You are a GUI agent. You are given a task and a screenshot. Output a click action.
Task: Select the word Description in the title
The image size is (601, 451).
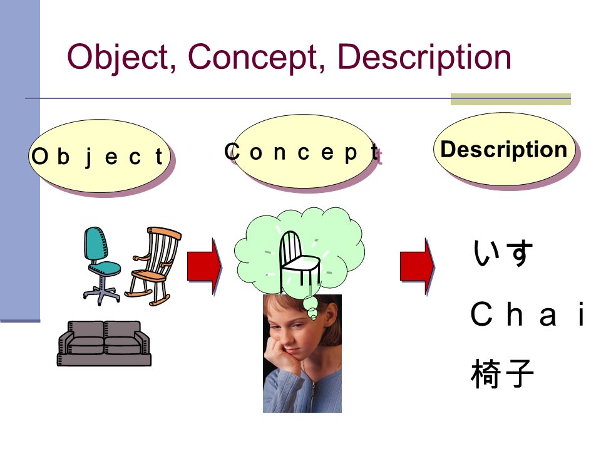click(x=424, y=58)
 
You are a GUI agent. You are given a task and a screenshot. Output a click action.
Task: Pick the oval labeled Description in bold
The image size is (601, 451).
click(x=505, y=149)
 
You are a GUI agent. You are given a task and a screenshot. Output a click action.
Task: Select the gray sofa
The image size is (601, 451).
click(x=105, y=343)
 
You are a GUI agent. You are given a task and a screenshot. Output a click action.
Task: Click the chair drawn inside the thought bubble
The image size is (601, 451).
click(x=300, y=261)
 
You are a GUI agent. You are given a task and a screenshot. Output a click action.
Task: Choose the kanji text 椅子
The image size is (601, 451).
click(x=503, y=373)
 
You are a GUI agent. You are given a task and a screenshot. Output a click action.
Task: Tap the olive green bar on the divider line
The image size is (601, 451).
click(x=511, y=99)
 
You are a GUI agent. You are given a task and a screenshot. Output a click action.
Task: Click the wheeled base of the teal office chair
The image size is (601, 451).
click(x=101, y=294)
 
